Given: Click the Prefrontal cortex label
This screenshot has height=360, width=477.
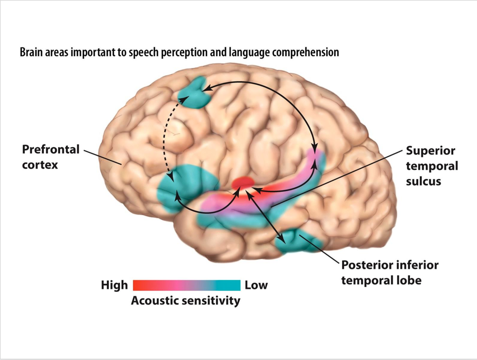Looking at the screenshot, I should [50, 157].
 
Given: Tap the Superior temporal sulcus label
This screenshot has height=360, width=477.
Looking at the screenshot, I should [432, 166].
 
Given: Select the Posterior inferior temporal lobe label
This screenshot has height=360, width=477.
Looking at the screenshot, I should [389, 272].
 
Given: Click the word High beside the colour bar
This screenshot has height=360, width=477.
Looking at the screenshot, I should [114, 285].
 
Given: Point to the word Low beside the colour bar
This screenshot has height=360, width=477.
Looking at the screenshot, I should [256, 285].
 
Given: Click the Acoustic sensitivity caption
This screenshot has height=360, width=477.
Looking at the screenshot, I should [185, 301].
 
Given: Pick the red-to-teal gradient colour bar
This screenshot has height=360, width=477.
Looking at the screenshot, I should [186, 285].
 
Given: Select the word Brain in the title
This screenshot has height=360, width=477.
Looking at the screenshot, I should [31, 53].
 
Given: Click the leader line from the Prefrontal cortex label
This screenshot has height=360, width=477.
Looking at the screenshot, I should [103, 157].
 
